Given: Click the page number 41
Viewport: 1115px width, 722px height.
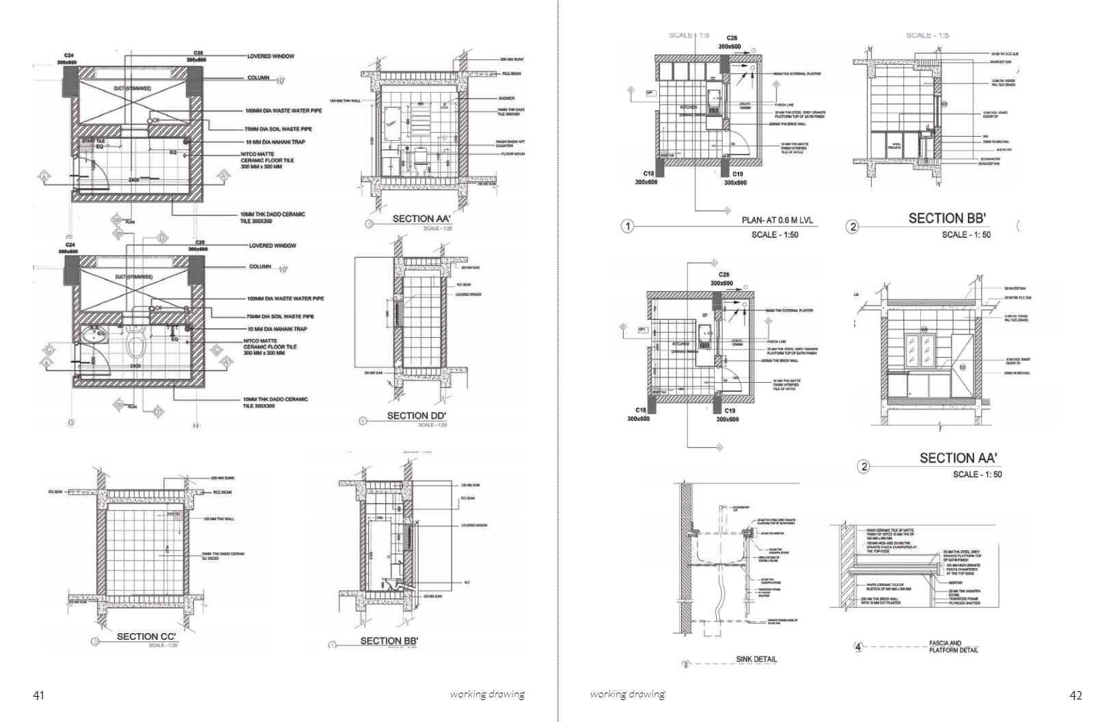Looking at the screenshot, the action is coord(39,695).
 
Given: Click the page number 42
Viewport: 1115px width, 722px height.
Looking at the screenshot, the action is coord(1075,695).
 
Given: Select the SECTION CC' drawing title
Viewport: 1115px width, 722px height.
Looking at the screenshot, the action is coord(146,637).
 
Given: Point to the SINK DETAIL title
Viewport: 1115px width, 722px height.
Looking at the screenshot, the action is coord(756,660).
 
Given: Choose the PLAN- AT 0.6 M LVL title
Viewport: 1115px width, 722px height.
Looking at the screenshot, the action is coord(777,221).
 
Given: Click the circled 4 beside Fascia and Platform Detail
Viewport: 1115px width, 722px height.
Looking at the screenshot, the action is coord(859,646).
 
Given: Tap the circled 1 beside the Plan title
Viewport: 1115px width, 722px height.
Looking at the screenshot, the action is coord(627,226).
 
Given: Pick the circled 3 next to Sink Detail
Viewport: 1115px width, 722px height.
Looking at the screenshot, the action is coord(687,664).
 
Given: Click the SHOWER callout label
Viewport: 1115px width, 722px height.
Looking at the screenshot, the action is coord(506,98).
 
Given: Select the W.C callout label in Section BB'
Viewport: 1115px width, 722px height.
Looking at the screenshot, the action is coord(467,583).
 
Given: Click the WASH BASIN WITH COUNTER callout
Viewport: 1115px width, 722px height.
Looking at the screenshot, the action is coord(510,144).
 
